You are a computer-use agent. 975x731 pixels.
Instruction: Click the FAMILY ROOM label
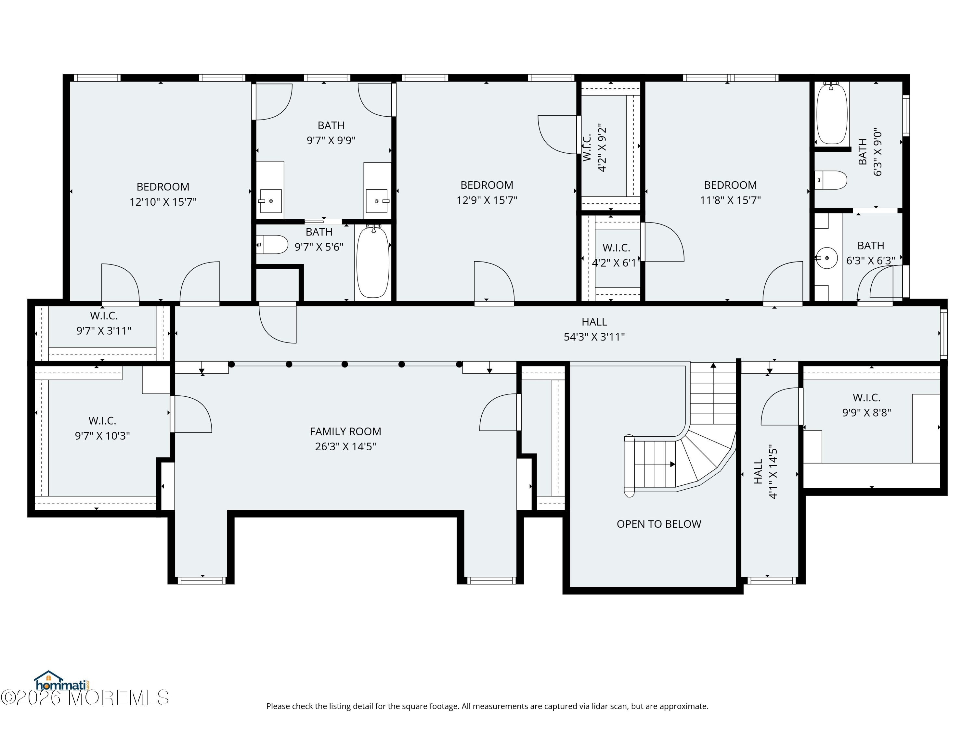(x=345, y=431)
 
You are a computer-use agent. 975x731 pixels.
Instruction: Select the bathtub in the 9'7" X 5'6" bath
(x=373, y=262)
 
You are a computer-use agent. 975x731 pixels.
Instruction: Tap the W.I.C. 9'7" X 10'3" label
(x=102, y=428)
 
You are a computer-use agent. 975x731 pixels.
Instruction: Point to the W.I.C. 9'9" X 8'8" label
(x=866, y=405)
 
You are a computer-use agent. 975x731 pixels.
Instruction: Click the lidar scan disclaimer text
(x=487, y=706)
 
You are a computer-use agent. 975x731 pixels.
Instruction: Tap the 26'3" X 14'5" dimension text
(x=345, y=447)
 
